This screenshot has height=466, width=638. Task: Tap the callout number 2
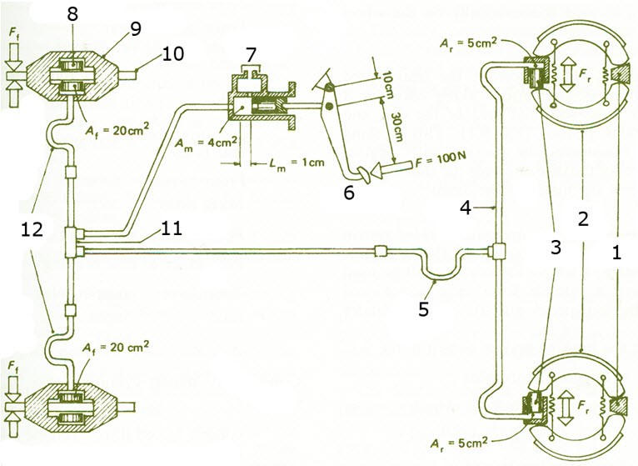583,218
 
